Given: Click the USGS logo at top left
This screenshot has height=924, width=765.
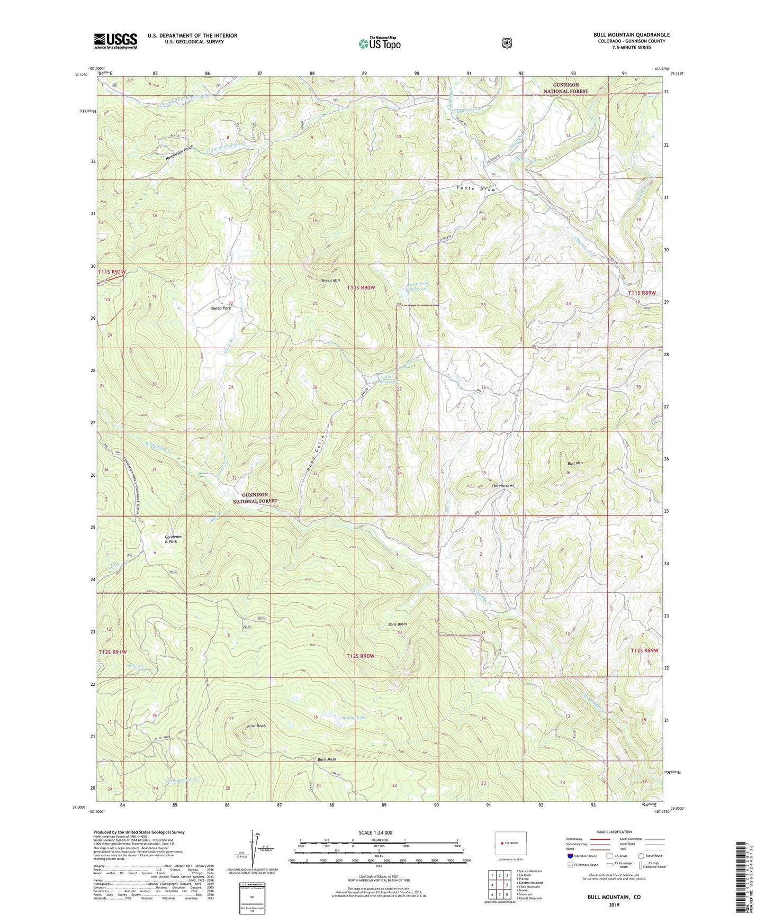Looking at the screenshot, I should click(x=115, y=41).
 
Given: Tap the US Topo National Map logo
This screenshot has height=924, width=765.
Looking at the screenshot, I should click(x=379, y=43).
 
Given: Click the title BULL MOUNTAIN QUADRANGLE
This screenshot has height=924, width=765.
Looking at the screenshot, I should click(x=631, y=35).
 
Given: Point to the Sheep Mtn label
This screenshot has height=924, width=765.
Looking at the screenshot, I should click(x=330, y=280).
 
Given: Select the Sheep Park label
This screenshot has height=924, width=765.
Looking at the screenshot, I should click(x=221, y=308).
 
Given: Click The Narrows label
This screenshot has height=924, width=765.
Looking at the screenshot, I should click(x=502, y=485).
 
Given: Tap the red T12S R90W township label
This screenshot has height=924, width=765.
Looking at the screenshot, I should click(x=361, y=656).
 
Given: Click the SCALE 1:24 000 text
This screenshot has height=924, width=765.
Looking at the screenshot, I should click(x=375, y=833).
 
